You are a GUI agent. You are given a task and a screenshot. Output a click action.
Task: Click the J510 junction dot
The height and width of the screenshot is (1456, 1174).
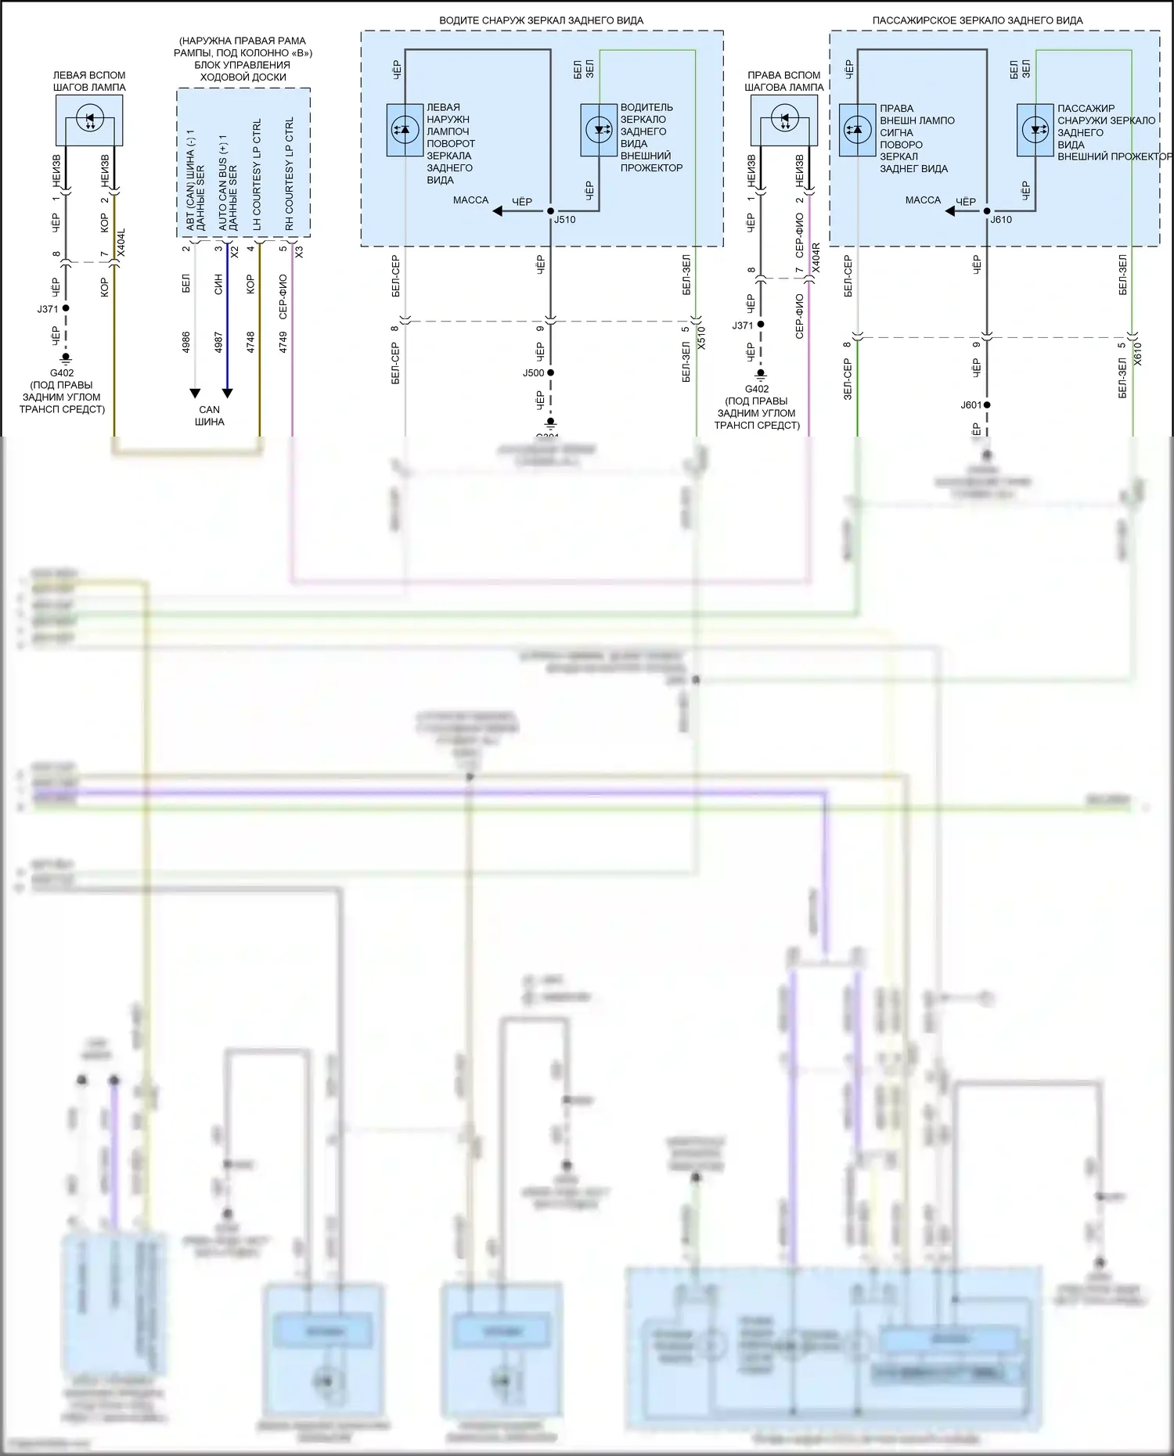[550, 211]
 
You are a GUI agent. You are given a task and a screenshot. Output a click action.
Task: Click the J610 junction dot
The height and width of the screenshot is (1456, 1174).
[986, 211]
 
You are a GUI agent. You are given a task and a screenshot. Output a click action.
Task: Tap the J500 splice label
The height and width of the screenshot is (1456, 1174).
[534, 373]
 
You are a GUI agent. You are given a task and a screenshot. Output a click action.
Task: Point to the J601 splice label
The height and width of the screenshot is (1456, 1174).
[971, 405]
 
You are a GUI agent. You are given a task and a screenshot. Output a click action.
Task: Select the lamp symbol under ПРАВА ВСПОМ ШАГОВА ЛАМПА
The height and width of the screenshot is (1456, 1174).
[784, 120]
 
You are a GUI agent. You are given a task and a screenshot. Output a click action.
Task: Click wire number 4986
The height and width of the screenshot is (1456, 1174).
[186, 341]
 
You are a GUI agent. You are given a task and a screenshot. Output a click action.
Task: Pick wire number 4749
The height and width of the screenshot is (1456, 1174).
[283, 341]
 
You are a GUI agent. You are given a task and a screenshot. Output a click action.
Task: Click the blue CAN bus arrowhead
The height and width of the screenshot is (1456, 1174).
[227, 393]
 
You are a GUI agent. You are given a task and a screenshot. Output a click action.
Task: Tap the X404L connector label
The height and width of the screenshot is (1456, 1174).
[121, 243]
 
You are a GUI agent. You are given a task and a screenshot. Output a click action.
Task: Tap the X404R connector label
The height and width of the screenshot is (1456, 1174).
[816, 257]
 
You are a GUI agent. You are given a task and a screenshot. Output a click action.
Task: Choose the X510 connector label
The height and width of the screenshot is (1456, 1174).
[702, 337]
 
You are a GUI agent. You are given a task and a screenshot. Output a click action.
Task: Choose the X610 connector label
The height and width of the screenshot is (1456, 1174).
[1138, 354]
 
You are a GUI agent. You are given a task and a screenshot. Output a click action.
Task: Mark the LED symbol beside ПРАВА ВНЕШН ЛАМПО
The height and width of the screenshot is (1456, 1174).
[857, 130]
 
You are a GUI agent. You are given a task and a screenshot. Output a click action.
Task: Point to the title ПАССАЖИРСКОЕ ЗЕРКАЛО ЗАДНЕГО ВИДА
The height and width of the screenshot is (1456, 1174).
[978, 20]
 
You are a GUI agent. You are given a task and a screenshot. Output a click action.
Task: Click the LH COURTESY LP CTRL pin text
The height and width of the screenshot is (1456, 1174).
[257, 174]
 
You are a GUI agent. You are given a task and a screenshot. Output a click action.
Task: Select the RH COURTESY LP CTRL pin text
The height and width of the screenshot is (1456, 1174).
[290, 174]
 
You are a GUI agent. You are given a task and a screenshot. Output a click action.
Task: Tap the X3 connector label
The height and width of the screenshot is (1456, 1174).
[299, 252]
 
